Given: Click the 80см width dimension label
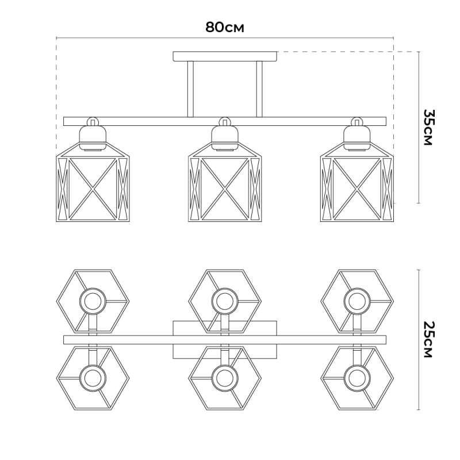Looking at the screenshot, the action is (x=224, y=27).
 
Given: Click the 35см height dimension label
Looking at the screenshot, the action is (x=428, y=127).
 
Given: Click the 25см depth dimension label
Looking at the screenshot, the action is (x=428, y=339).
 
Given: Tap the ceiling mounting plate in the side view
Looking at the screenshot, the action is (x=225, y=56).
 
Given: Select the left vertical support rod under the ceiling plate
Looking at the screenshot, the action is (x=190, y=89).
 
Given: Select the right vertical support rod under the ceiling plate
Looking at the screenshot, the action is (x=259, y=89).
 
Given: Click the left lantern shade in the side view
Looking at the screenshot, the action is (x=93, y=182).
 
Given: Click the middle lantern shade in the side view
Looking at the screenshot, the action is (x=225, y=182).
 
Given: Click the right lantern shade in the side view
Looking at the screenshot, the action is (x=356, y=182).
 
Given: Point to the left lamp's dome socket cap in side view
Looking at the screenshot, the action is (x=93, y=136).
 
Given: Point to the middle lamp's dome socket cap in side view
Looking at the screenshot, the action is (x=225, y=136).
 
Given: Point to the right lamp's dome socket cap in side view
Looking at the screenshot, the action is (x=356, y=136).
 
